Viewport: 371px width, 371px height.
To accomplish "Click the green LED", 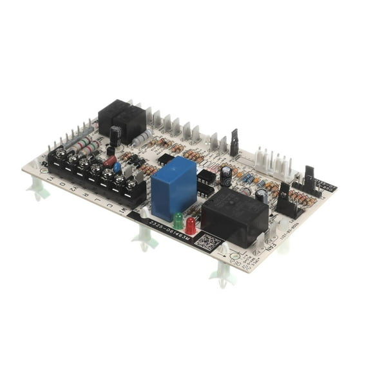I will coord(178,220).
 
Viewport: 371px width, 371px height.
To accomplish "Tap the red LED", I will coord(191,225).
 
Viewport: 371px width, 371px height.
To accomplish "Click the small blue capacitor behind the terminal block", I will coord(117,167).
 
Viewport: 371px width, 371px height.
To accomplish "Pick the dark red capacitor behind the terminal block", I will coord(109,161).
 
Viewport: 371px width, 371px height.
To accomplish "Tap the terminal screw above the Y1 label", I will coord(61,154).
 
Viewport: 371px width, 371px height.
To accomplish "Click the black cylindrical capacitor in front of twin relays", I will coord(115,136).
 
